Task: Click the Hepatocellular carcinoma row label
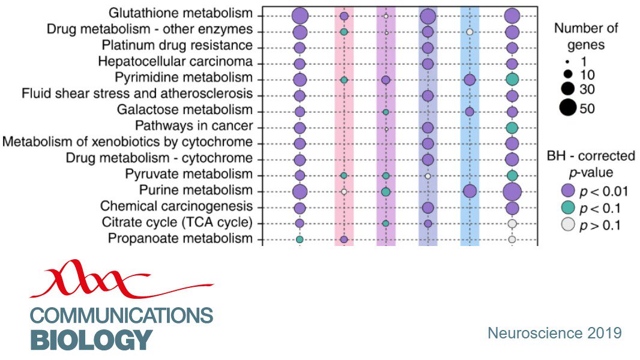point(186,62)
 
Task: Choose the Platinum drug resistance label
point(186,46)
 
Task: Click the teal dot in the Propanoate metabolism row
point(300,239)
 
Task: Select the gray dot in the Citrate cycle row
point(512,223)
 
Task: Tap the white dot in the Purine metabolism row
point(344,191)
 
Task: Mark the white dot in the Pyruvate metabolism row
point(427,176)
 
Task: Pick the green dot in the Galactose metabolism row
point(385,112)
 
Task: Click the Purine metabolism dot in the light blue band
point(470,191)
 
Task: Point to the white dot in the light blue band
point(470,31)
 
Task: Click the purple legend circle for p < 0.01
point(567,191)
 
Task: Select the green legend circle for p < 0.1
point(567,209)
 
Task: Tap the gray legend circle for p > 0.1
point(567,226)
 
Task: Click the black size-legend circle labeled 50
point(567,108)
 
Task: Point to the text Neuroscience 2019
point(554,332)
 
